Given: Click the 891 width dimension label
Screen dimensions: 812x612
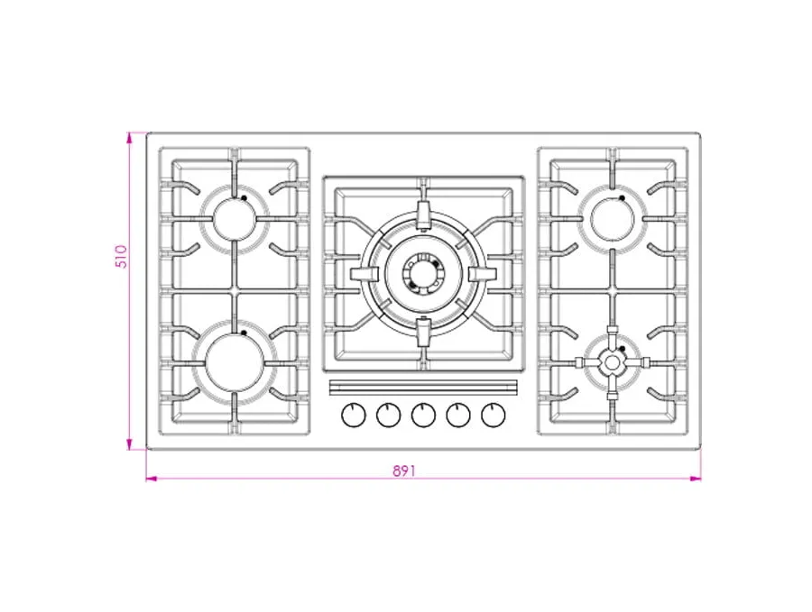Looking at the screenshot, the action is tap(404, 470).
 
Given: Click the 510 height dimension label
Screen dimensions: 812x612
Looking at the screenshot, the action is tap(120, 257).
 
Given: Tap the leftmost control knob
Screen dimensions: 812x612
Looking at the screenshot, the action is tap(354, 415).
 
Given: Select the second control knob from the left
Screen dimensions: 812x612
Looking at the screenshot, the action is tap(388, 415).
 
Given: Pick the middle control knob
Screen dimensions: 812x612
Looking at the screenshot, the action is tap(424, 415).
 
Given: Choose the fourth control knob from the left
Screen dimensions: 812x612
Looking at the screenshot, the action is tap(458, 415).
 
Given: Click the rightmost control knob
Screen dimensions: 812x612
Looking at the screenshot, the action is tap(493, 415).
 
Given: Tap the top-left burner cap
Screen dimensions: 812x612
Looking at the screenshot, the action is tap(235, 219).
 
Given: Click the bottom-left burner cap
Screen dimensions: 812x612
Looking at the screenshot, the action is tap(235, 361).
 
